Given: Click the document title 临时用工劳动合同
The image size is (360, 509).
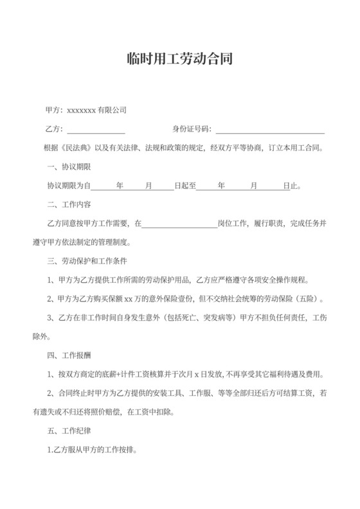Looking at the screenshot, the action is tap(179, 59).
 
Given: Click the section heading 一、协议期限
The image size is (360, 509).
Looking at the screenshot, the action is tap(69, 167).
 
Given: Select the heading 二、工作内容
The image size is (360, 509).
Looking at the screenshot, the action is tap(69, 205).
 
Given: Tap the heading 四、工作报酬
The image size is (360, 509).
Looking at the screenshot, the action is tap(69, 356).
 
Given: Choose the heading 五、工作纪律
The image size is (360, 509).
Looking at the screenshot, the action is tap(69, 431).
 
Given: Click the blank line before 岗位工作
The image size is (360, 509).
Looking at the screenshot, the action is tap(179, 224).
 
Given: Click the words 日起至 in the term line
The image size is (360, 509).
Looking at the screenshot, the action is tap(184, 186).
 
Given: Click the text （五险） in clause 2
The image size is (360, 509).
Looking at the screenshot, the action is tap(310, 299).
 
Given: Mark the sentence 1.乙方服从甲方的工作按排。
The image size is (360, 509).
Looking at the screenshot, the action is tap(93, 450).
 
